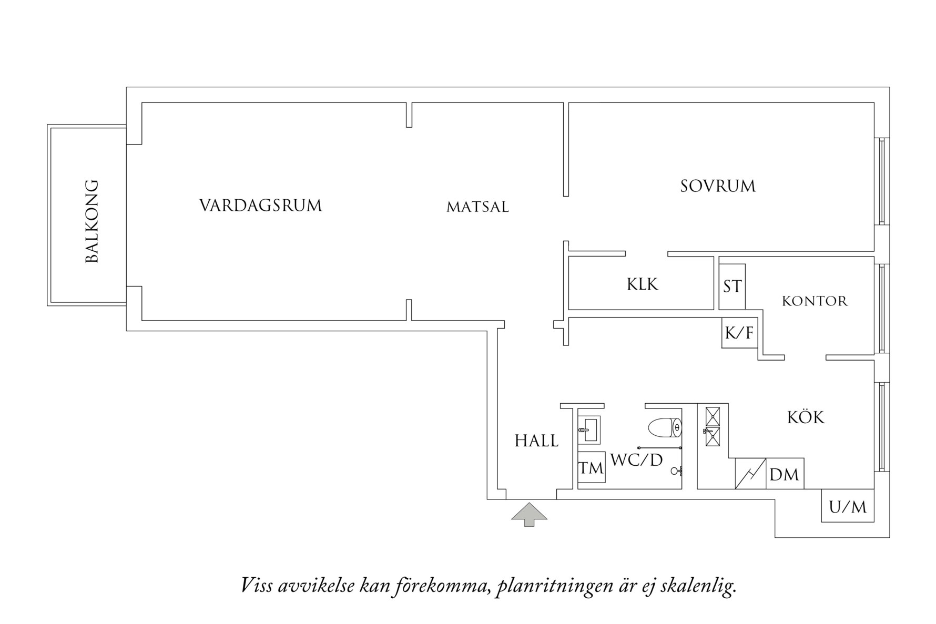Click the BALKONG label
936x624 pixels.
pos(92,221)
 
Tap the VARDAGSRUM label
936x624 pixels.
pos(260,206)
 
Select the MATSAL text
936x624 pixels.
pos(477,208)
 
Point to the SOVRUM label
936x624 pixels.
pos(717,186)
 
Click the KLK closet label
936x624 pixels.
pos(642,284)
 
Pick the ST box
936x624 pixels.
pos(732,287)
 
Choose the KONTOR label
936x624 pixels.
pos(815,301)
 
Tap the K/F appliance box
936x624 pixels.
pos(739,333)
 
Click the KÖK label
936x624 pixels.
pos(806,417)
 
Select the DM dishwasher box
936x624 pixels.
pos(784,474)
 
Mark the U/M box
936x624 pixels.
pos(847,506)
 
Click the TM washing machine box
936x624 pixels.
pos(591,467)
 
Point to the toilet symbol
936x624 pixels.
pos(665,427)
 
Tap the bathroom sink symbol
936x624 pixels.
pos(589,430)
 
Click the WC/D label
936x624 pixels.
pos(637,460)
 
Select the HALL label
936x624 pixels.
pos(536,441)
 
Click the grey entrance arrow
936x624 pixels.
pos(529,514)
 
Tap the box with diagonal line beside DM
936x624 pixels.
pos(750,474)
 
